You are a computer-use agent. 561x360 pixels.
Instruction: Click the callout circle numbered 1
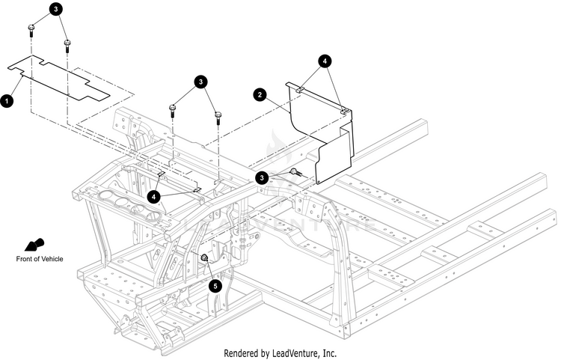point(7,100)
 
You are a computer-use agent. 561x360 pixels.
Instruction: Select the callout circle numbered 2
point(260,95)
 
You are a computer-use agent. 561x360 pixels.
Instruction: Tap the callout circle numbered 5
point(216,285)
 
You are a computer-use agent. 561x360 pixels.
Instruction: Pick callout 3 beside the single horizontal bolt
point(263,177)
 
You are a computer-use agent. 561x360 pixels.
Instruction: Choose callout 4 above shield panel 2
point(325,61)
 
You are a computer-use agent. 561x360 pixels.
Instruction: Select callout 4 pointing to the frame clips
point(155,196)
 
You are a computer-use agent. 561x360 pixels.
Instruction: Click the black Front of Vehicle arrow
point(34,245)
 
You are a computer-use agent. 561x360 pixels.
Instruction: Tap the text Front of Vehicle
point(40,259)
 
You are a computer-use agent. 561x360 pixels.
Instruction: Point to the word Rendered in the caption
point(242,352)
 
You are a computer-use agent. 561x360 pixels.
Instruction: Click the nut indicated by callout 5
point(203,258)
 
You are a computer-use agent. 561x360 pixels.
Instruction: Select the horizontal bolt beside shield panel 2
point(295,172)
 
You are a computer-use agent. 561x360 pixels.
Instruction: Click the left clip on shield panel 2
point(298,89)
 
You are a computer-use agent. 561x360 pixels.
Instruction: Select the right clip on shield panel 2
point(345,111)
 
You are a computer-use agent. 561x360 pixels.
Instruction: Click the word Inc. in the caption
point(328,352)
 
